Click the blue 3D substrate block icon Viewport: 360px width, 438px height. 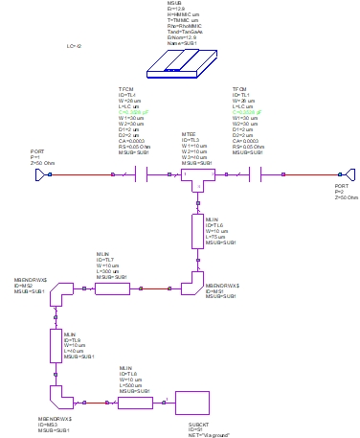tap(183, 63)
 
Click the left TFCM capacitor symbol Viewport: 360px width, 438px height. tap(142, 174)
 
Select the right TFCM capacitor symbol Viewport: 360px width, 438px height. tap(256, 174)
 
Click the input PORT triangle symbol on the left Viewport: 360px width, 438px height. tap(41, 174)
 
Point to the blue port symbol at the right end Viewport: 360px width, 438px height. tap(350, 174)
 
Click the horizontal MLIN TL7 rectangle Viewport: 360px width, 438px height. tap(112, 288)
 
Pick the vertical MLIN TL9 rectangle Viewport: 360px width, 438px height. tap(56, 345)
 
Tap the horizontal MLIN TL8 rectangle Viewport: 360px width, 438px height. tap(135, 403)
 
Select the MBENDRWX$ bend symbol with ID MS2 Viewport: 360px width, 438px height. tap(60, 291)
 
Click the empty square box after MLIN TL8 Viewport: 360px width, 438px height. tap(191, 403)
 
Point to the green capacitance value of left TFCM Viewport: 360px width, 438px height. tap(133, 112)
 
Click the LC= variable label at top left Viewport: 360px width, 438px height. tap(74, 46)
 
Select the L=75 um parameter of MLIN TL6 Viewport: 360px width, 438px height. tap(216, 237)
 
